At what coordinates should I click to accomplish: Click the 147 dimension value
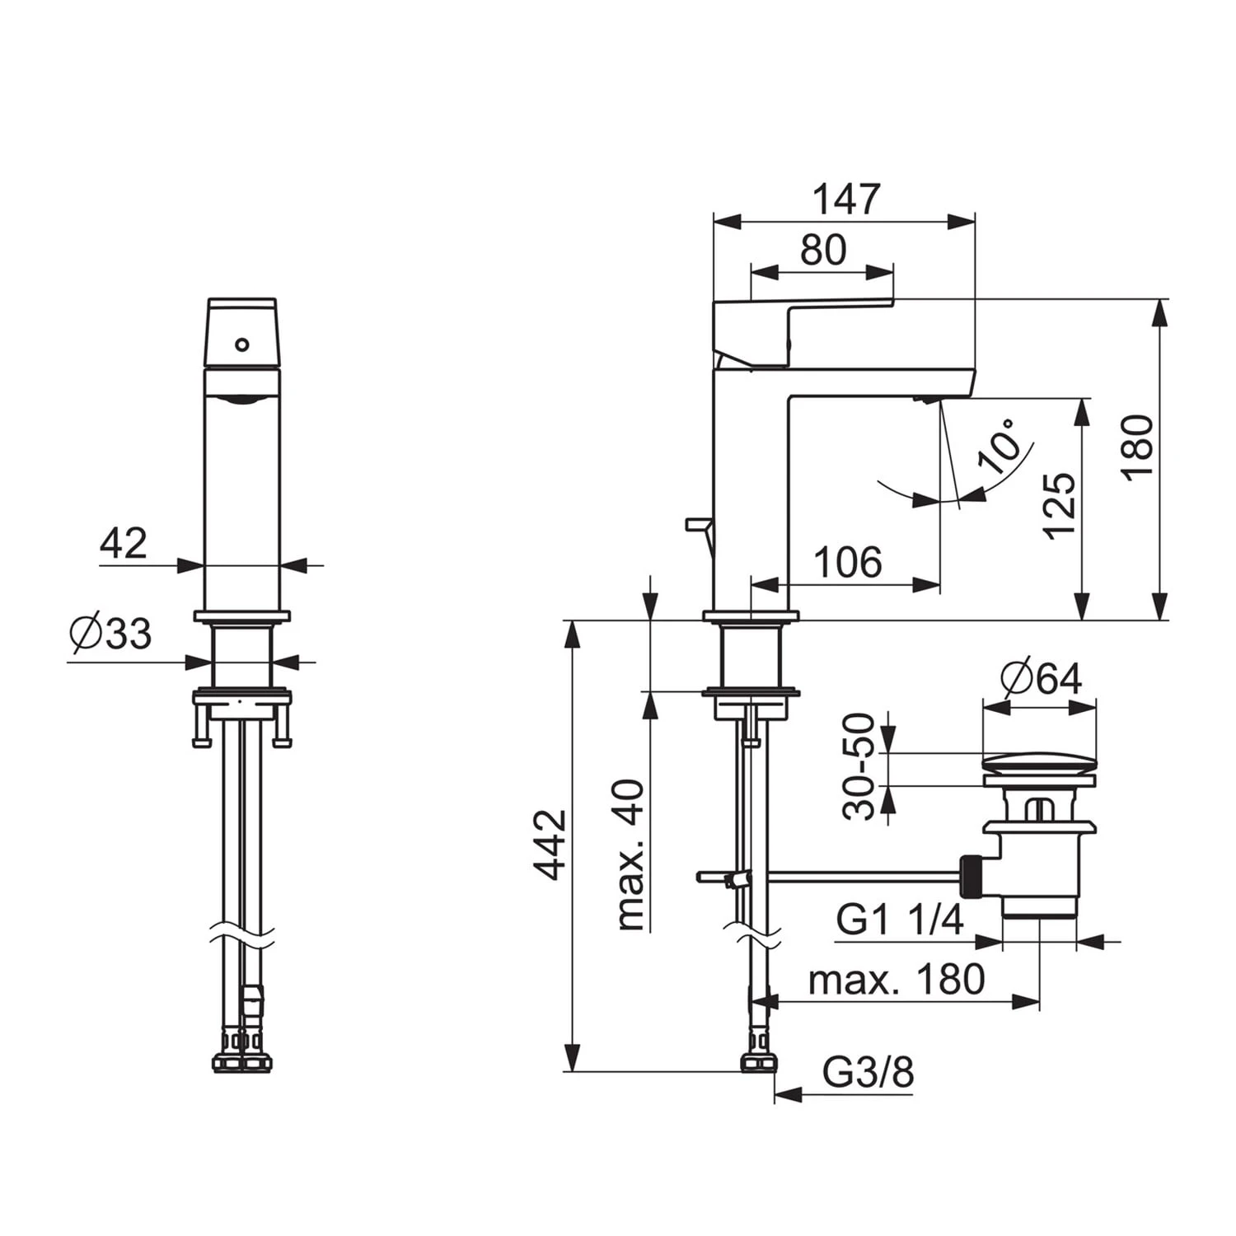[846, 199]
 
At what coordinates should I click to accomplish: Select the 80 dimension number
[823, 250]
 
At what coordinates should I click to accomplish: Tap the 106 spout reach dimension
[848, 563]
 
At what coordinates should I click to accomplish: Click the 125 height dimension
[1060, 506]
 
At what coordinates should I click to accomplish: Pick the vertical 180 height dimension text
[1138, 447]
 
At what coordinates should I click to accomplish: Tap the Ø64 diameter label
[1041, 678]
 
